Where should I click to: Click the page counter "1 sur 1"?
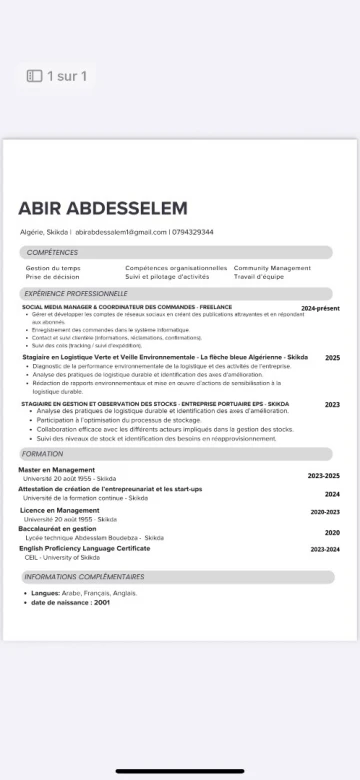(67, 76)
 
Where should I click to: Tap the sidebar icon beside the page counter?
(34, 76)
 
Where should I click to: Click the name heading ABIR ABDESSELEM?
(102, 208)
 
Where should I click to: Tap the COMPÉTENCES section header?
(52, 253)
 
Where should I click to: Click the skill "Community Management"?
(272, 268)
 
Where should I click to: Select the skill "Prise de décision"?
(52, 276)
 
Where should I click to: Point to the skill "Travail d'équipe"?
(259, 276)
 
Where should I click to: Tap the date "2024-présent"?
(320, 309)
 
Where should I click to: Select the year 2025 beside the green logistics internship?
(332, 357)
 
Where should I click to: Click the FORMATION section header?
(42, 454)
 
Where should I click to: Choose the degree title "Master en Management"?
(56, 469)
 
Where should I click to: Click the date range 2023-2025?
(323, 476)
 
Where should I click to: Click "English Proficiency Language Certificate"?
(84, 548)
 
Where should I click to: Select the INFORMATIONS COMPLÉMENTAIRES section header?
(84, 577)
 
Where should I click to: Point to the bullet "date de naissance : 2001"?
(70, 602)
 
